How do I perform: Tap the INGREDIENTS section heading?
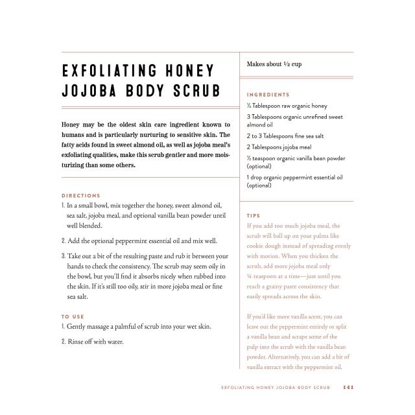pyautogui.click(x=268, y=95)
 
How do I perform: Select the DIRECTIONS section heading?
pyautogui.click(x=81, y=195)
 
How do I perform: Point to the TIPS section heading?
pyautogui.click(x=254, y=215)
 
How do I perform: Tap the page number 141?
pyautogui.click(x=348, y=388)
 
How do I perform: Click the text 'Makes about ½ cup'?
pyautogui.click(x=274, y=64)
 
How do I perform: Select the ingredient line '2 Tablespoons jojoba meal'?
pyautogui.click(x=278, y=147)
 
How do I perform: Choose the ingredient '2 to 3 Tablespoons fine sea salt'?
pyautogui.click(x=285, y=136)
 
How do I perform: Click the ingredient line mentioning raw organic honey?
pyautogui.click(x=286, y=106)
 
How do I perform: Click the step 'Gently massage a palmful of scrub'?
pyautogui.click(x=139, y=326)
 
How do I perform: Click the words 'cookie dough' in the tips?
pyautogui.click(x=267, y=246)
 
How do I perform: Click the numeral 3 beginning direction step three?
pyautogui.click(x=64, y=255)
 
